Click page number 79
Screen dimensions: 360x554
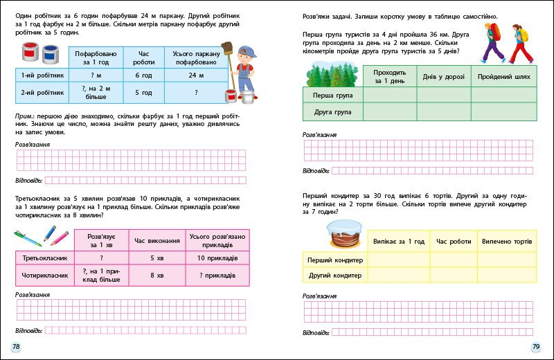[535, 346]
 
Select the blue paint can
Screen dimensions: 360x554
[50, 53]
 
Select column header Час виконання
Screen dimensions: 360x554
[157, 241]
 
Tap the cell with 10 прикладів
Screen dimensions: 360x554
[218, 258]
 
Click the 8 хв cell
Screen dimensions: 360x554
[157, 275]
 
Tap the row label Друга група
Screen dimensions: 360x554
[332, 111]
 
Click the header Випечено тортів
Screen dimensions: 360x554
[506, 241]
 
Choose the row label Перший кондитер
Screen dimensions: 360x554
[334, 260]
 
